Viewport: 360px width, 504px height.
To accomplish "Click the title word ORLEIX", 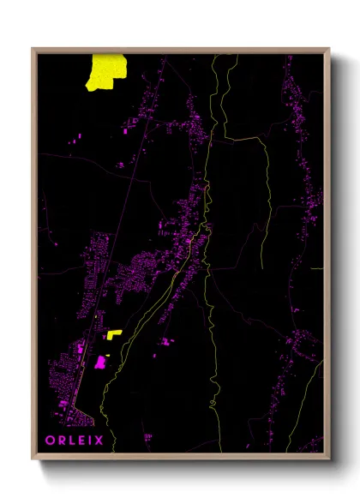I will tap(75, 441).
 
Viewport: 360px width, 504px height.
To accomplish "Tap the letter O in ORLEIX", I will tap(51, 441).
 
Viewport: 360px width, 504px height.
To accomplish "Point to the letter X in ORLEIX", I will tap(99, 441).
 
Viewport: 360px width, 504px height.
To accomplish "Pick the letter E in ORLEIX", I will tap(81, 441).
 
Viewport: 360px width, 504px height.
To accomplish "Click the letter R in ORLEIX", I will tap(61, 441).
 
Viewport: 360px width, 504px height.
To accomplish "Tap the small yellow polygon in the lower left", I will tap(114, 334).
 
